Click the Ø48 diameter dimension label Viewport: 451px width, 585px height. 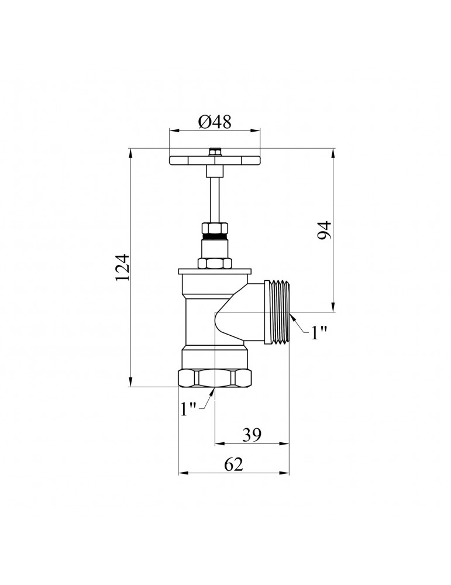pyautogui.click(x=215, y=122)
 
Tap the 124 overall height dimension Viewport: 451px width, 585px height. pyautogui.click(x=122, y=267)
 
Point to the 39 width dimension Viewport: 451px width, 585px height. pyautogui.click(x=252, y=434)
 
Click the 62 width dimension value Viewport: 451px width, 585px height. pyautogui.click(x=233, y=464)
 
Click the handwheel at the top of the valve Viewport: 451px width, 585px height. pyautogui.click(x=215, y=160)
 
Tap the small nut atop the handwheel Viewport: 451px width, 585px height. pyautogui.click(x=215, y=152)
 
